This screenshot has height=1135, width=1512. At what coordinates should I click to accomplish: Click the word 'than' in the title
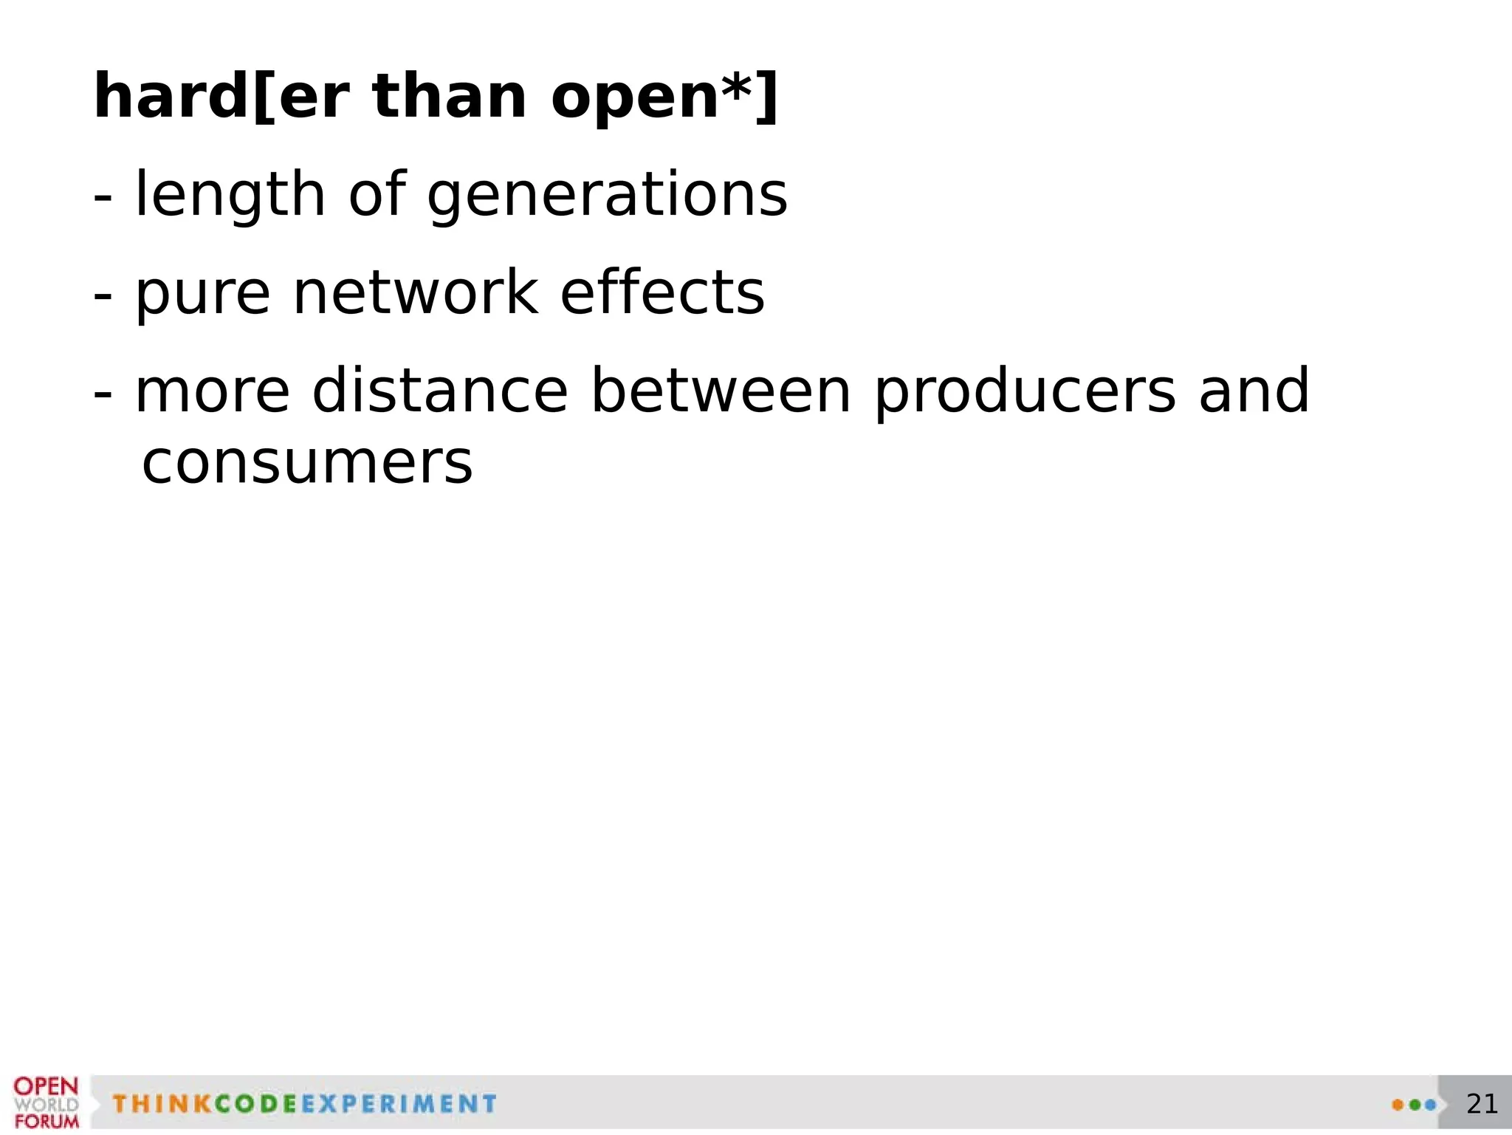click(450, 97)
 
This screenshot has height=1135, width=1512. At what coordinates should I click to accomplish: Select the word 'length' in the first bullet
click(230, 195)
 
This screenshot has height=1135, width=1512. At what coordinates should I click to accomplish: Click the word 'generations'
click(607, 195)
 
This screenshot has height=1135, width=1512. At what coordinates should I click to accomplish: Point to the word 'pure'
click(202, 293)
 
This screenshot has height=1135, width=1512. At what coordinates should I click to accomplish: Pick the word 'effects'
click(662, 293)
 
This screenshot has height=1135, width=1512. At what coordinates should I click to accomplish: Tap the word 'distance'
click(439, 391)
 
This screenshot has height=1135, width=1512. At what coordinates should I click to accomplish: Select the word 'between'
click(721, 391)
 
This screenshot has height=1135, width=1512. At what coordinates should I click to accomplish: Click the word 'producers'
click(1025, 392)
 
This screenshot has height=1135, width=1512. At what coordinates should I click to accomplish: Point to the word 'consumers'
click(307, 463)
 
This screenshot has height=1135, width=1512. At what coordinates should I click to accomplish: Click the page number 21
click(1482, 1103)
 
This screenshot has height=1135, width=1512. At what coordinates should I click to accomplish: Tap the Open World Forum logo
click(46, 1103)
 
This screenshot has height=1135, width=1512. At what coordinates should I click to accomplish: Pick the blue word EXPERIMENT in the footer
click(399, 1104)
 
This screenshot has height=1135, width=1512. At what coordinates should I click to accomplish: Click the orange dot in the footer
click(1398, 1105)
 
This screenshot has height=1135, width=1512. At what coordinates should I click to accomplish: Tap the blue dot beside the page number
click(1430, 1105)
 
